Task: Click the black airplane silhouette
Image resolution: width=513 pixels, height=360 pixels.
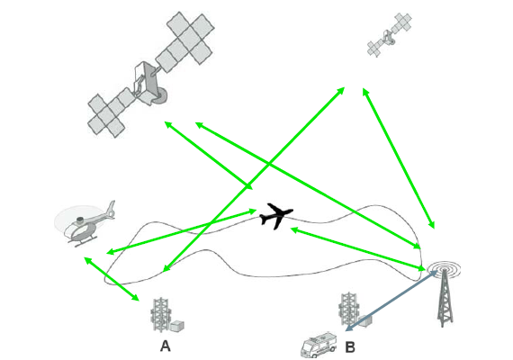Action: coord(275,216)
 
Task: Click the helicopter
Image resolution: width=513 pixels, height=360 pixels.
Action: coord(85,223)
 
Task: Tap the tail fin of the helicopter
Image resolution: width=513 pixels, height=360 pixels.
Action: coord(112,209)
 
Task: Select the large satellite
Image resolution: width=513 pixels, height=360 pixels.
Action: coord(150,75)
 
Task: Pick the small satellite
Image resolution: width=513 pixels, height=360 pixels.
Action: coord(389,35)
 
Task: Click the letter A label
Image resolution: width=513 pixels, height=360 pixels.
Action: coord(166,346)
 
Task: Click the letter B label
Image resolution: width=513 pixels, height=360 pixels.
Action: coord(350,346)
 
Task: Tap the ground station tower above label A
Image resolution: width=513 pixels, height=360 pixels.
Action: coord(161,315)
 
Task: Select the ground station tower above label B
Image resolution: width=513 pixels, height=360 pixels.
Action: coord(349,310)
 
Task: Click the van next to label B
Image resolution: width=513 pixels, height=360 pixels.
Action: coord(318,345)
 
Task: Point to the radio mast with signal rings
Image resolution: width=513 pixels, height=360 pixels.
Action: coord(445,293)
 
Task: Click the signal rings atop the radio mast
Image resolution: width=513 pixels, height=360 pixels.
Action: coord(444,269)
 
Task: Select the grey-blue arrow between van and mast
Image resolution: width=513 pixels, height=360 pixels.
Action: coord(391,301)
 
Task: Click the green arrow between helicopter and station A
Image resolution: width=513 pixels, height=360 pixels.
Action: coord(112,279)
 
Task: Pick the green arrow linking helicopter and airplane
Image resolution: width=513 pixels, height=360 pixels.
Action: coord(182,231)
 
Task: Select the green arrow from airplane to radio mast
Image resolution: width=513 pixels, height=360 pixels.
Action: coord(357,249)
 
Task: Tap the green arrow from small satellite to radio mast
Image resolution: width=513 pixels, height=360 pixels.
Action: coord(399,157)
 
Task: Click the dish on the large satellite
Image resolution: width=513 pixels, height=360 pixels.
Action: coord(161,96)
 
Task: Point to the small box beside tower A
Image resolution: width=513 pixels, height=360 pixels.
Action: coord(176,325)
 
